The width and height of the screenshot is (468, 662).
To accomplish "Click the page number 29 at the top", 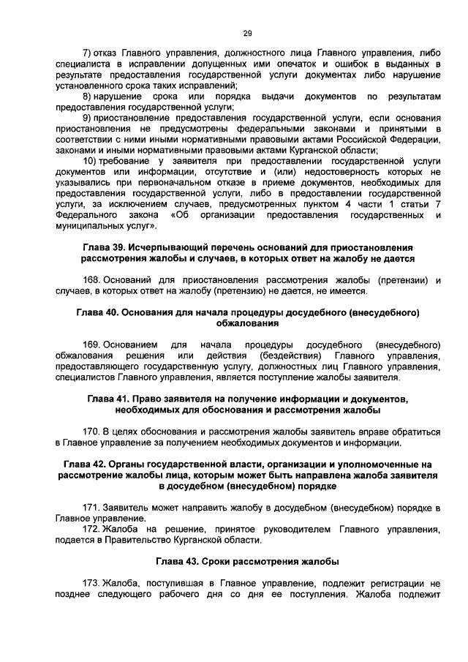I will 247,32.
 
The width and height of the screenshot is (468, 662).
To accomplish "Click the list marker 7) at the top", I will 88,53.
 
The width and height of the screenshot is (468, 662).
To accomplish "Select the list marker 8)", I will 88,96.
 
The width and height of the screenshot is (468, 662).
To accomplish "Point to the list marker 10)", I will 91,160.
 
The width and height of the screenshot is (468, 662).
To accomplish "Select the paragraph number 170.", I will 91,431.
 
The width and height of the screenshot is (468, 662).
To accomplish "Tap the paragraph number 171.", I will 91,507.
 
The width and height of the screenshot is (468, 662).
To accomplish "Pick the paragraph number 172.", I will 91,528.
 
